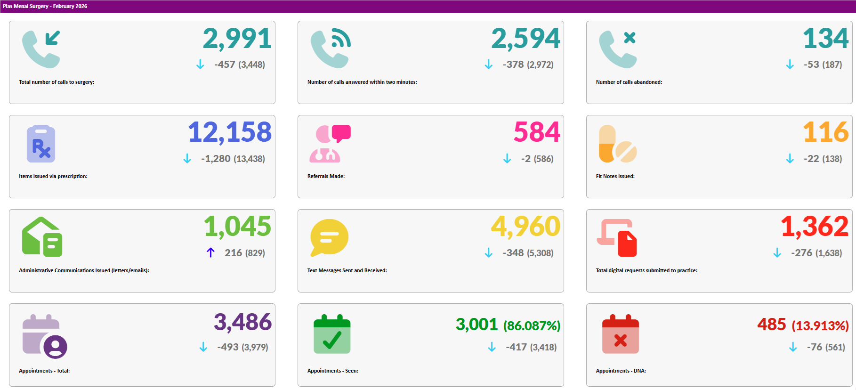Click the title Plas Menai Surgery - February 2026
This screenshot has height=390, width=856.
click(45, 6)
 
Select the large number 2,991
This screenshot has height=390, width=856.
click(237, 39)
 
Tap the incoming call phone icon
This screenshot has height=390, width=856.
click(41, 49)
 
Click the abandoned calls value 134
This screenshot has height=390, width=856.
click(825, 39)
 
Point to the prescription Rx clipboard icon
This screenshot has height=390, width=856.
click(41, 144)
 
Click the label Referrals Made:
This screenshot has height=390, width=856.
click(326, 176)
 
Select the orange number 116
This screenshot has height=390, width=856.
click(825, 132)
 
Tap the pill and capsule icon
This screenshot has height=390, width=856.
click(617, 144)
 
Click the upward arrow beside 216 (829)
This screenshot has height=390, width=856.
click(210, 253)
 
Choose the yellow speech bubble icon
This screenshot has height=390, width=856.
click(329, 237)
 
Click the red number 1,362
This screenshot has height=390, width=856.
click(814, 227)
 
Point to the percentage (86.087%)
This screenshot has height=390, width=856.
click(532, 326)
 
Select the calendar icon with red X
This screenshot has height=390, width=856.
click(620, 334)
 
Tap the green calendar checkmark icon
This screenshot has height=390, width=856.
click(332, 334)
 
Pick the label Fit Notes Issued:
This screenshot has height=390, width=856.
click(615, 176)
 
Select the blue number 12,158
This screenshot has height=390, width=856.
click(229, 132)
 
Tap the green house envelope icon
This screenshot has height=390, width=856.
click(42, 237)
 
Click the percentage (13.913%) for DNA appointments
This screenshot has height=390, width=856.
click(820, 326)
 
